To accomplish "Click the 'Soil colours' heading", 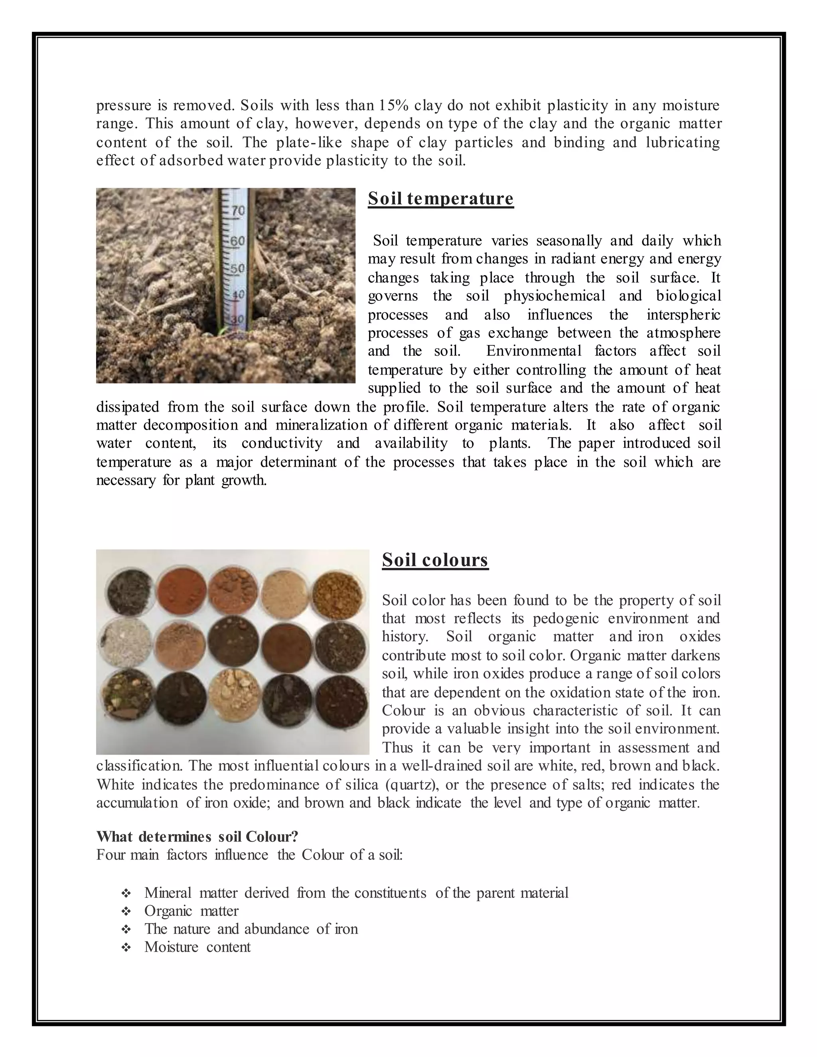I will click(435, 560).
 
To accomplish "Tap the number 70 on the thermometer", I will click(238, 211).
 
